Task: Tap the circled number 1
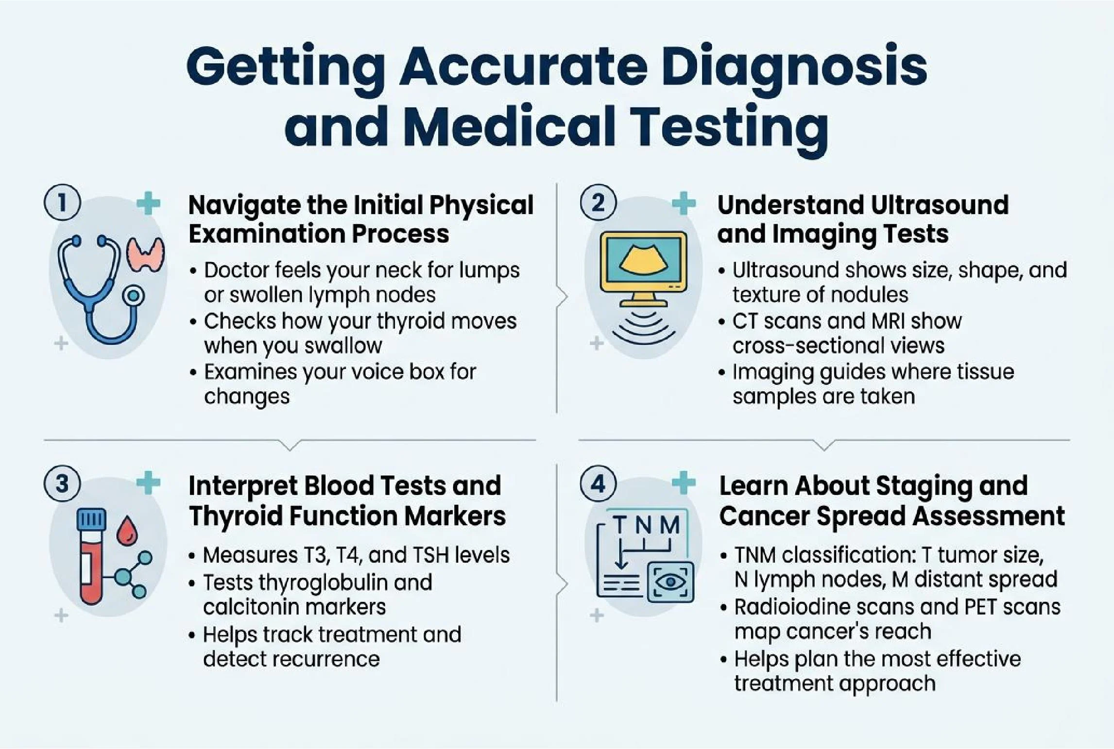click(62, 203)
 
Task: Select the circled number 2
click(598, 203)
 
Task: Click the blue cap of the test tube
click(91, 519)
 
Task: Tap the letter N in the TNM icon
click(644, 525)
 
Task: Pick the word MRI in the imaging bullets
click(884, 321)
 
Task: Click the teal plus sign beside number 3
click(148, 483)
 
